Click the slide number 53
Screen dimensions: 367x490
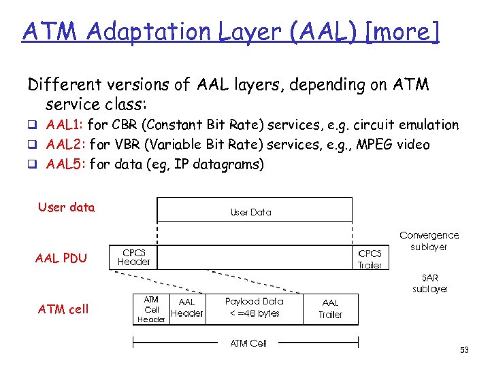[465, 349]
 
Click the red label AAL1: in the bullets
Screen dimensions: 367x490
[65, 125]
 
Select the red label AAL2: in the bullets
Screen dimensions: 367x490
[65, 144]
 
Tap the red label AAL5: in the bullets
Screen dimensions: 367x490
[65, 164]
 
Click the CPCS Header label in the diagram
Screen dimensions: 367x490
[134, 257]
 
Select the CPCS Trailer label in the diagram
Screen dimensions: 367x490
[370, 259]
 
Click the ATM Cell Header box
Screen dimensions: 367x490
[151, 309]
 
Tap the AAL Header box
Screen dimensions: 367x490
[186, 308]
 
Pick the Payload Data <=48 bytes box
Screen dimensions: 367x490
[254, 307]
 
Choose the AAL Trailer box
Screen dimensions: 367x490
[330, 309]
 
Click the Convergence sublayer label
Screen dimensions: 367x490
[429, 241]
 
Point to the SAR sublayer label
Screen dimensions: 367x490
[429, 283]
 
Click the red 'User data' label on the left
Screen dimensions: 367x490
[66, 207]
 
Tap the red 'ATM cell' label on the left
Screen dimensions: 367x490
[63, 309]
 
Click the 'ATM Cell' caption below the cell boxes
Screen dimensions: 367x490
[248, 343]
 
